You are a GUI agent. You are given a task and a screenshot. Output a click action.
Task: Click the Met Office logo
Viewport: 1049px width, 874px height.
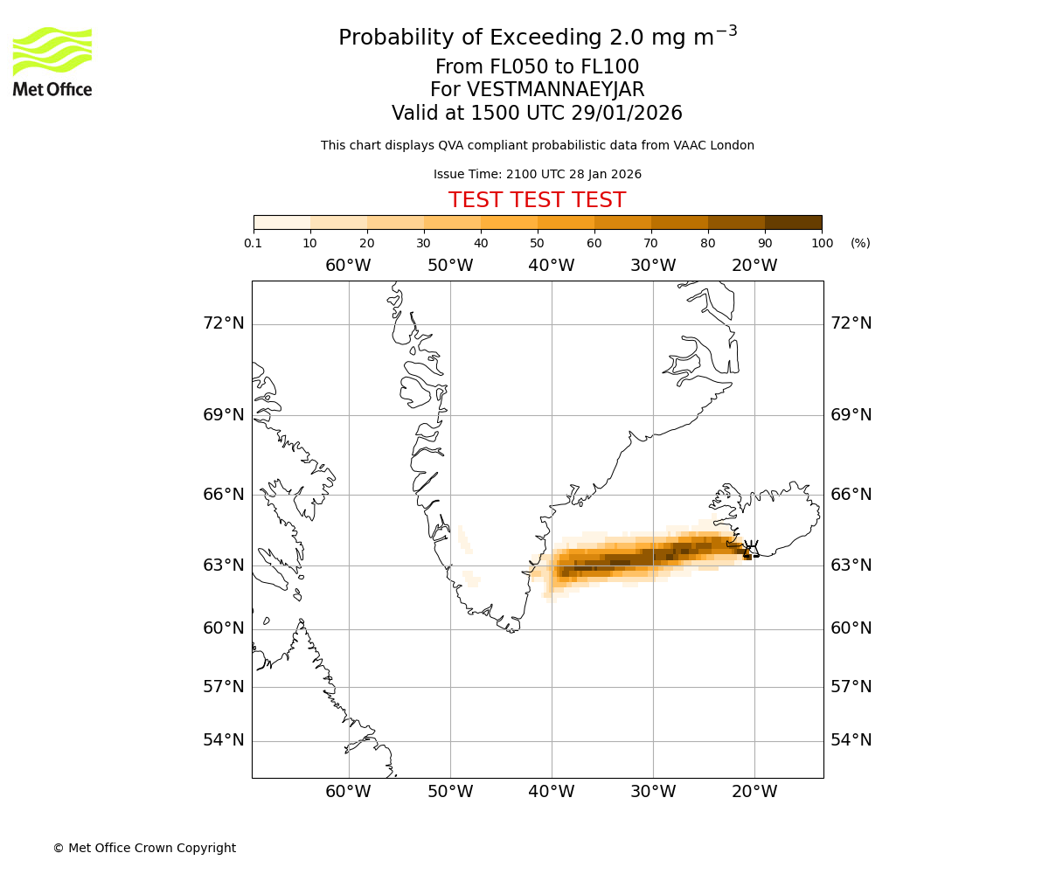[x=52, y=61]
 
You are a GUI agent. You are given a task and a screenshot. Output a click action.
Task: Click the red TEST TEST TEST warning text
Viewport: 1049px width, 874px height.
[x=537, y=201]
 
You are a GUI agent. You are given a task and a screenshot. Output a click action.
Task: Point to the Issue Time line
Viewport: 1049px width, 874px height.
[x=537, y=175]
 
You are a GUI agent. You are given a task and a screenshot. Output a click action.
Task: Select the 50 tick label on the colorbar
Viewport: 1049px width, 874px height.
[x=538, y=243]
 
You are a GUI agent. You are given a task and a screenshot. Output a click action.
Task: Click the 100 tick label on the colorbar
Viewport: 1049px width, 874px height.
[x=822, y=243]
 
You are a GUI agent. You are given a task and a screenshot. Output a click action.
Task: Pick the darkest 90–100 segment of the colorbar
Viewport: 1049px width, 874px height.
[x=793, y=222]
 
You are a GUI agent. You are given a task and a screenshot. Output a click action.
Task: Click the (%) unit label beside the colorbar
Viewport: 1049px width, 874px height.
[x=860, y=243]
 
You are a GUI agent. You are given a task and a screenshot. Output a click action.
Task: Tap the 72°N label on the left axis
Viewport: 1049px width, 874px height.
[x=224, y=323]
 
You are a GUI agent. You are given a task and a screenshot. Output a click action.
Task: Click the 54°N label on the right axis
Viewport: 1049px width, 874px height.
[x=851, y=740]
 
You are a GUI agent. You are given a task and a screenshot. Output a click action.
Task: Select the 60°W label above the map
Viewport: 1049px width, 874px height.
[x=348, y=266]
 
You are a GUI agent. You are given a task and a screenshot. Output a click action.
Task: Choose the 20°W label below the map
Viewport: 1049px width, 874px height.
[x=754, y=792]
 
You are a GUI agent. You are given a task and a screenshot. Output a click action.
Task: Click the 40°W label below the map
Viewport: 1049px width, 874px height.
[x=552, y=792]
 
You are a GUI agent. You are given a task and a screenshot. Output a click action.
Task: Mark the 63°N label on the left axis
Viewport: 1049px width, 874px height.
[x=224, y=565]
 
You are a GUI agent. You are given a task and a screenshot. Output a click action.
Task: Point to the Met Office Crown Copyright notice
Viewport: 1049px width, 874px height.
[x=144, y=848]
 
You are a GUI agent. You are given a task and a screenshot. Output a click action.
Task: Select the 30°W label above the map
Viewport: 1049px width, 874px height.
[x=653, y=266]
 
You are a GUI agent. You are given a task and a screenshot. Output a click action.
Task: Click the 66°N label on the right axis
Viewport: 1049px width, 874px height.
[x=851, y=495]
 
